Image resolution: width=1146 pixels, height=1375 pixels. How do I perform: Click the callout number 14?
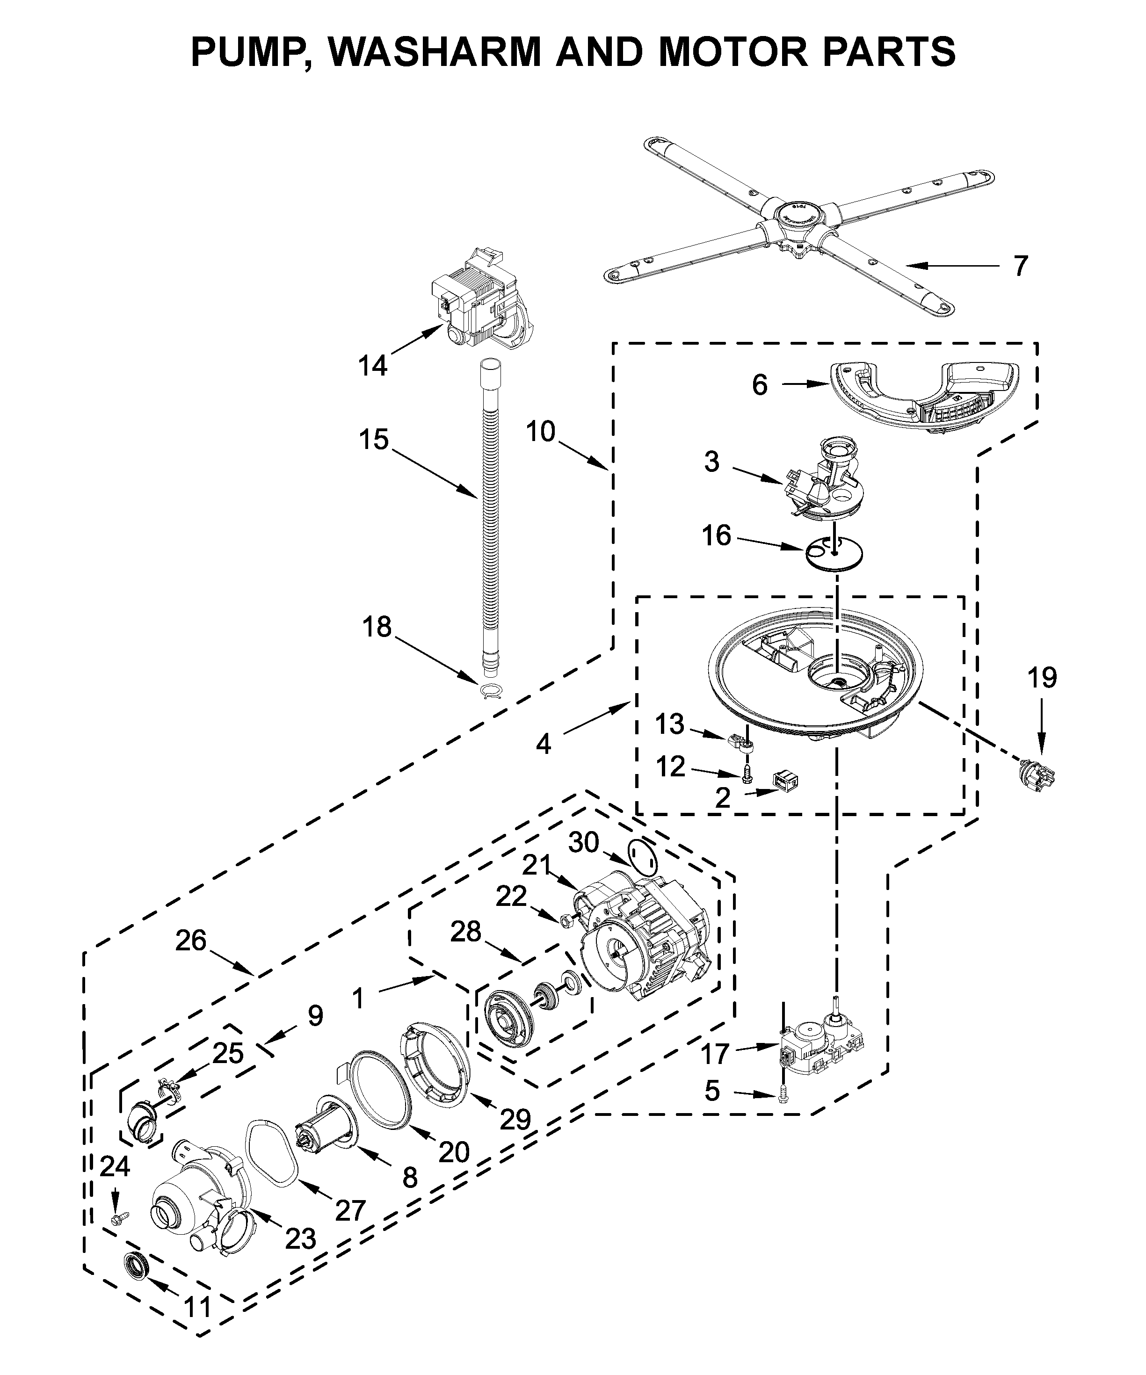pyautogui.click(x=373, y=365)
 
